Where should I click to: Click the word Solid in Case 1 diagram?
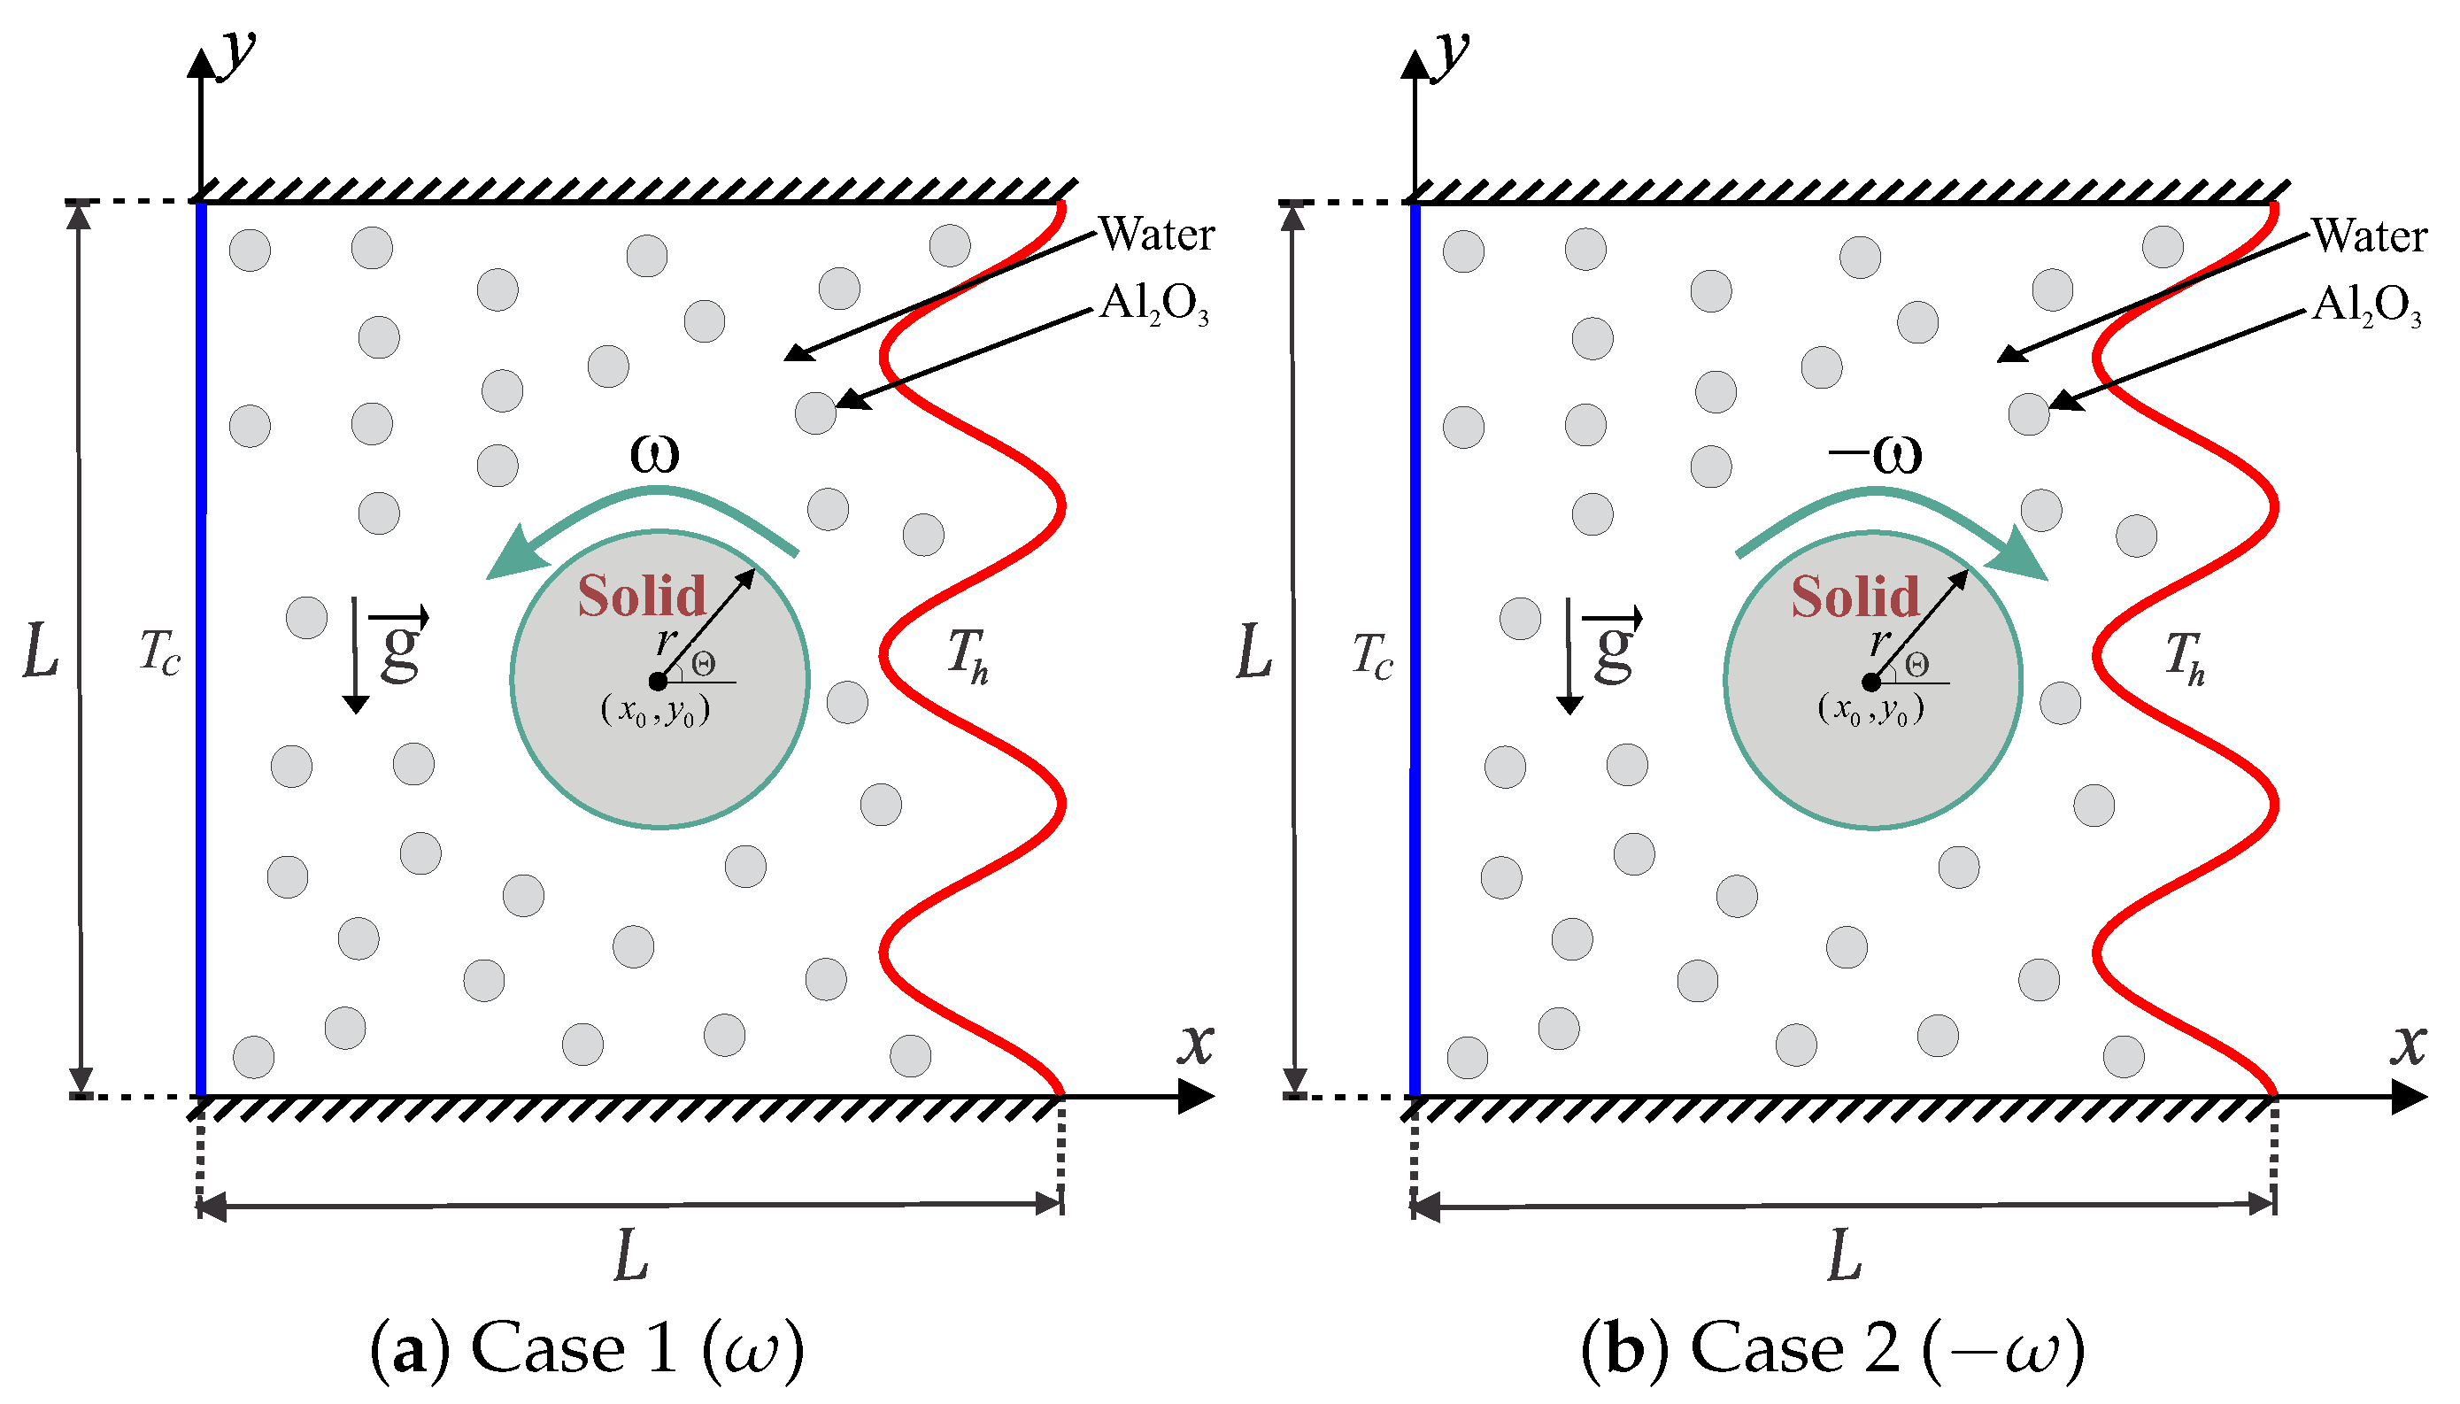641,596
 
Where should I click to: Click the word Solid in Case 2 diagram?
1855,597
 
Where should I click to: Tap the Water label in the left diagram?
1157,235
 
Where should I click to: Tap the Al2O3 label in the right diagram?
2366,305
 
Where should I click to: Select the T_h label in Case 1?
967,655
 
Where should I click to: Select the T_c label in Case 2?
1373,656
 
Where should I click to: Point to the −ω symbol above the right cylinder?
1875,454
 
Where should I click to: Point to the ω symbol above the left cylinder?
654,453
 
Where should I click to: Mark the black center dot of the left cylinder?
658,682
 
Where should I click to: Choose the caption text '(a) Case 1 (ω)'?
587,1348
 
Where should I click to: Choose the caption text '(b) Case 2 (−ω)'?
1832,1348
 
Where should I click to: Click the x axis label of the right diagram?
2407,1044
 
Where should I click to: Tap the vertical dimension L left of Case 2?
1254,652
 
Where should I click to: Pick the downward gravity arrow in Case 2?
1569,656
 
